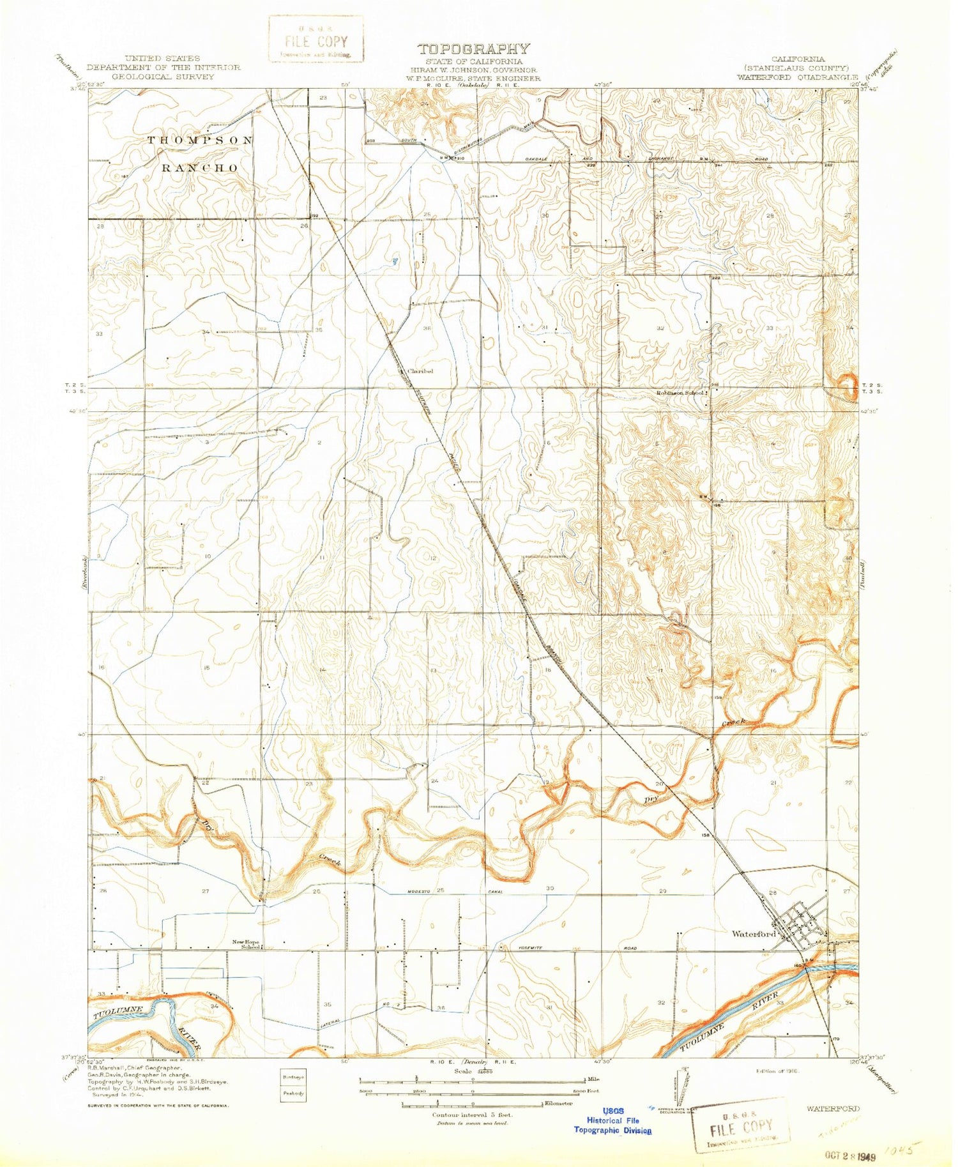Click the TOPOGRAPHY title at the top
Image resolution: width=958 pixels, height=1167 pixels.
click(473, 49)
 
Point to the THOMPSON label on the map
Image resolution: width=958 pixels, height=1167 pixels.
click(200, 140)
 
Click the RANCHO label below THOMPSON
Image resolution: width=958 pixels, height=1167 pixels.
click(199, 168)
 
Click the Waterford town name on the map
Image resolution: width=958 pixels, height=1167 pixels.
click(753, 933)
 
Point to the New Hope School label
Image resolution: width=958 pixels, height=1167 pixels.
click(246, 944)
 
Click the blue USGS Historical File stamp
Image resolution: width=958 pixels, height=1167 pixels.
click(612, 1120)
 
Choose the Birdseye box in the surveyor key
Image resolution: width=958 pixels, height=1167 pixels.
click(294, 1076)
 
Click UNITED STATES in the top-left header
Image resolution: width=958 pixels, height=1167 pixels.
click(163, 58)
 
